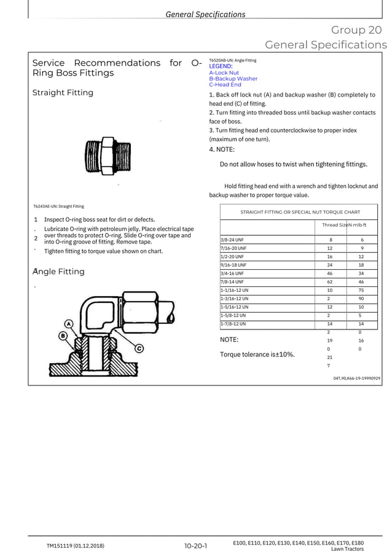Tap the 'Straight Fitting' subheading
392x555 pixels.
click(63, 93)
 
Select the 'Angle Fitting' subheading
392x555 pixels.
click(60, 272)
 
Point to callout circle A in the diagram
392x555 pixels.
click(69, 324)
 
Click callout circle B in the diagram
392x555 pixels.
click(63, 336)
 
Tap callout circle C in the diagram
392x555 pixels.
click(139, 348)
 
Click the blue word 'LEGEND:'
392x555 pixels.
click(221, 66)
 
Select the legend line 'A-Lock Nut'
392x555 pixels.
click(224, 73)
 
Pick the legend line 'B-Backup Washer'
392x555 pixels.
click(233, 79)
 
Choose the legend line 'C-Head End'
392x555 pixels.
click(225, 85)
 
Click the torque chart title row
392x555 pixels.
click(300, 212)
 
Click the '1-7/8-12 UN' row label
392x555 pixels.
click(233, 323)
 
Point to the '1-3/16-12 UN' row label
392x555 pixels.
click(235, 298)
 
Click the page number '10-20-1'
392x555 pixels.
click(195, 545)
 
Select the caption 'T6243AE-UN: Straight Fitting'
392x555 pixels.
click(58, 207)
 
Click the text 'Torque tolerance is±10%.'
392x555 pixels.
click(257, 354)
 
